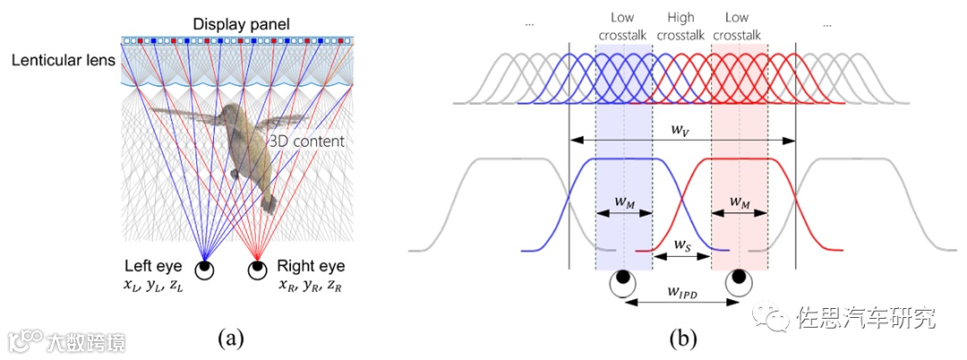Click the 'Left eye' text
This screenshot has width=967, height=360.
157,266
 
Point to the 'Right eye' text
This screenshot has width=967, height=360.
311,266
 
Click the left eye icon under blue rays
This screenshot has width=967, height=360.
206,268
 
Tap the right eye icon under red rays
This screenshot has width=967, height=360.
258,268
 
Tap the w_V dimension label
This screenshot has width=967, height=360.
682,129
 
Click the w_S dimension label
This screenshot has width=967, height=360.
681,244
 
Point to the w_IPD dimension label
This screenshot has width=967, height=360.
682,292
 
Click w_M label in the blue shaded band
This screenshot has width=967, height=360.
625,202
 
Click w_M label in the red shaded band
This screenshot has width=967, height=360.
739,202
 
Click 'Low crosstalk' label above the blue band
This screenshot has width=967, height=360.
623,26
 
